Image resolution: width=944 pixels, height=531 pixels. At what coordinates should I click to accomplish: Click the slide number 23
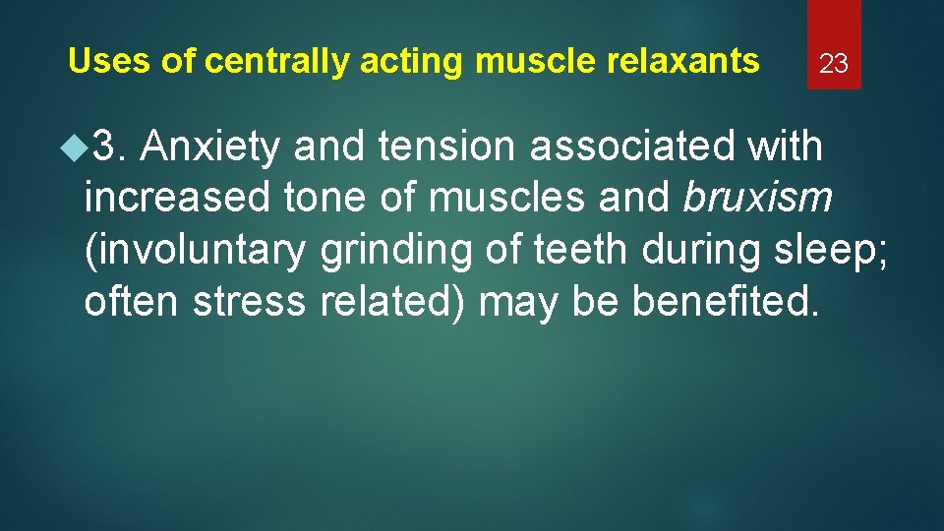(x=834, y=65)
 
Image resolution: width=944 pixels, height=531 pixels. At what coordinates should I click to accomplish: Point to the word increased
(x=176, y=199)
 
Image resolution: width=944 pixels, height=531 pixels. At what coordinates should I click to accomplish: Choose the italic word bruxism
(x=757, y=199)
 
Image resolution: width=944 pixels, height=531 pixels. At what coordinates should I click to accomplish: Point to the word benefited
(x=725, y=303)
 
